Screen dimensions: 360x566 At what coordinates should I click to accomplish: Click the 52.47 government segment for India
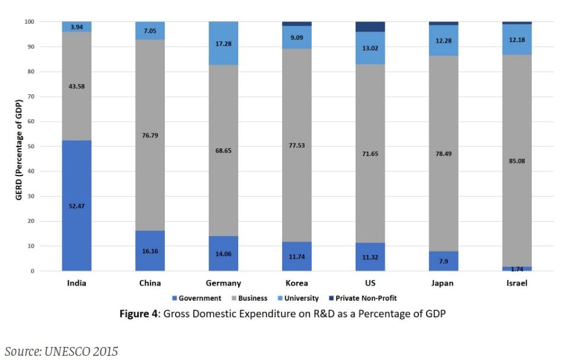pos(76,206)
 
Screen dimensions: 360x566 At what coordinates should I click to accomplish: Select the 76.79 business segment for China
pos(150,135)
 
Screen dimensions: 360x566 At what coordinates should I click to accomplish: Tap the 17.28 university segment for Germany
pos(223,43)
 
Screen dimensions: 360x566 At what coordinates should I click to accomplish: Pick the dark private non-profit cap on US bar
pos(370,27)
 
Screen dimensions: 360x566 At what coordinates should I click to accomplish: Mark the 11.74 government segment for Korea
pos(297,256)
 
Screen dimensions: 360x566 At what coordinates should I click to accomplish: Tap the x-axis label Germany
pos(223,283)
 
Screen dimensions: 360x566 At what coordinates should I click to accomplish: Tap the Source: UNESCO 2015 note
pos(62,351)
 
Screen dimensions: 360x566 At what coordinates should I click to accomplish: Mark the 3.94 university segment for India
pos(76,27)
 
